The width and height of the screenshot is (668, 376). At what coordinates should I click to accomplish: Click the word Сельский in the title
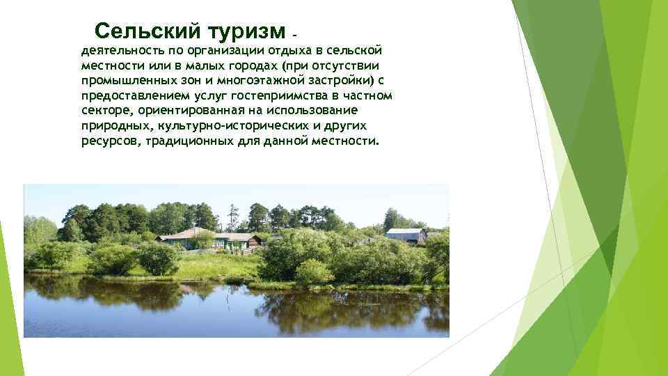point(145,31)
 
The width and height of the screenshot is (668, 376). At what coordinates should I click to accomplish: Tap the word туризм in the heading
point(244,31)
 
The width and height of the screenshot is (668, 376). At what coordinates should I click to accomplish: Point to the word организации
point(225,51)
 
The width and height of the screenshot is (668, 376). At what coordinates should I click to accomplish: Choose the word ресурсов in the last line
point(111,141)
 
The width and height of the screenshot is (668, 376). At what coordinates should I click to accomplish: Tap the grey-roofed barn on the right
point(406,235)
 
